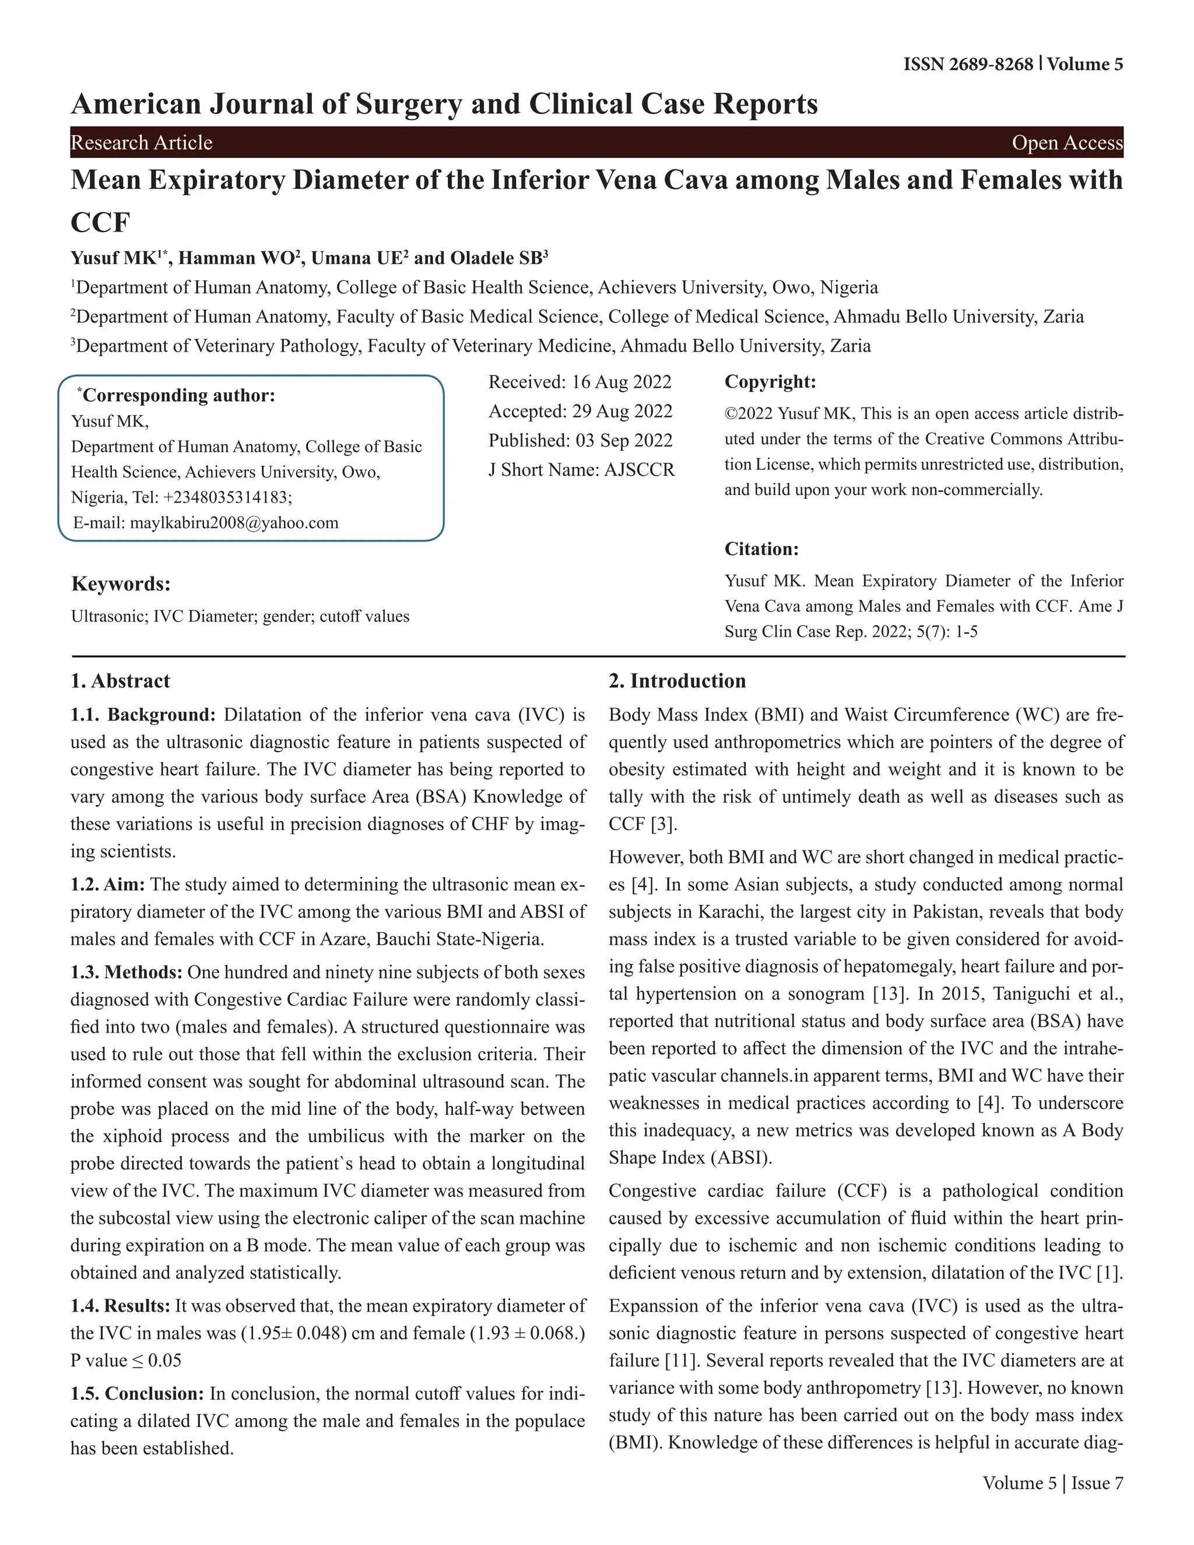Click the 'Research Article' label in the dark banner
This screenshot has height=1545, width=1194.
pos(142,143)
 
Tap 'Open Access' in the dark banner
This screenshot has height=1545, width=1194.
pos(1067,143)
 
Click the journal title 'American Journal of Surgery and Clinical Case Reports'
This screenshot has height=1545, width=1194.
pos(444,104)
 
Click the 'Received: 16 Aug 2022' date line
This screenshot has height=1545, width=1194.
pos(580,382)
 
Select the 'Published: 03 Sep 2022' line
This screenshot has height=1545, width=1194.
pos(580,440)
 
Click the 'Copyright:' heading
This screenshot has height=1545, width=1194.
pos(770,382)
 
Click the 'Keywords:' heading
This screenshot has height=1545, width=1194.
pos(121,584)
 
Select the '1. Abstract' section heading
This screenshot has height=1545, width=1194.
pos(120,680)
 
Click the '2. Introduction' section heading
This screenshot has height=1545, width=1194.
pos(677,680)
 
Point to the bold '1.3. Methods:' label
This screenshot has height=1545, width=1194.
pos(127,972)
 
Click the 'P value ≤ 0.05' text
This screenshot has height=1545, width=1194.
pos(126,1360)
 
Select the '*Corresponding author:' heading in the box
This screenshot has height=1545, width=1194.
pos(176,395)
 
